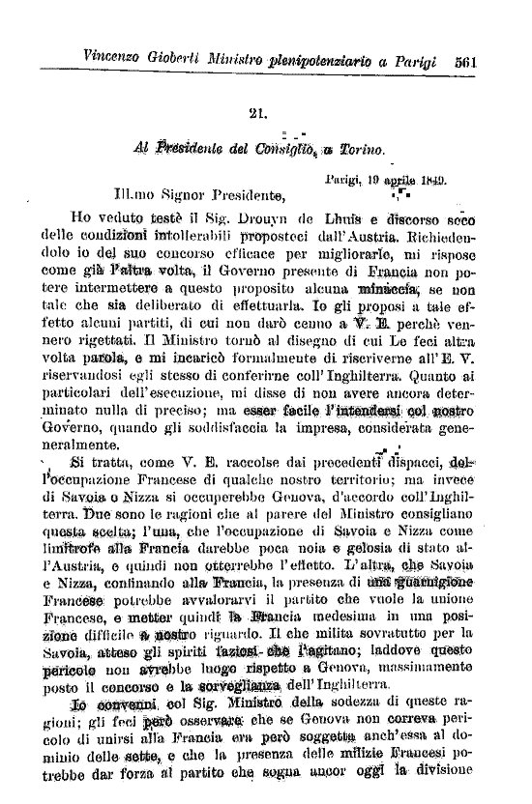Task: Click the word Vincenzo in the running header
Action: [116, 58]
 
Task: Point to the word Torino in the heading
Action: [361, 151]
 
